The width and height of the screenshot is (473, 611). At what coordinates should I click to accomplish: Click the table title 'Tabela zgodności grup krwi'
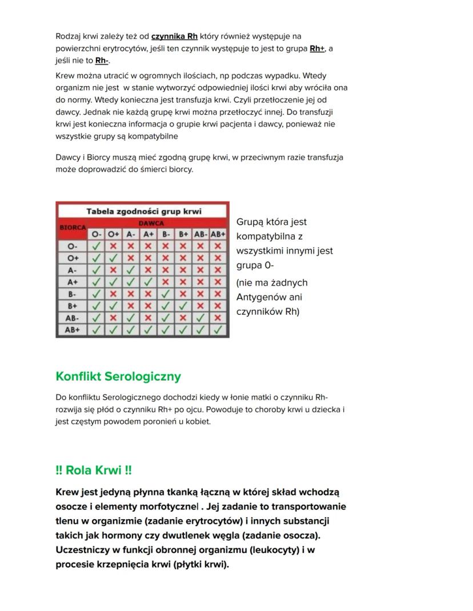[x=143, y=211]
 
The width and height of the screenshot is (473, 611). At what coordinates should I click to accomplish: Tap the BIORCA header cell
[x=72, y=228]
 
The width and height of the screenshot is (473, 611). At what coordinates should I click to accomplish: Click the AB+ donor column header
[x=218, y=234]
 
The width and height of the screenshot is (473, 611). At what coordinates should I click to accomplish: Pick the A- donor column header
[x=131, y=234]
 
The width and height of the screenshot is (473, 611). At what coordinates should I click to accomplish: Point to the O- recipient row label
[x=72, y=246]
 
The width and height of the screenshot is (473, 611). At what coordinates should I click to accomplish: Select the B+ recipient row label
[x=72, y=306]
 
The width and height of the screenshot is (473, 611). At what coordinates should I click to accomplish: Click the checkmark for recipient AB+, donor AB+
[x=218, y=330]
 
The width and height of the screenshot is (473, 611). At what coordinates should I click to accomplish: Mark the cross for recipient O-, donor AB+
[x=218, y=246]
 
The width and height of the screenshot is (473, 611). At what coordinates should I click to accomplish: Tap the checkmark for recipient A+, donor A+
[x=149, y=282]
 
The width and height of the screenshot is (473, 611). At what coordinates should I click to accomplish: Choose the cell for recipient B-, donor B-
[x=166, y=294]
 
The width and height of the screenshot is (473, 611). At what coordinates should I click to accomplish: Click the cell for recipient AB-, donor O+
[x=114, y=318]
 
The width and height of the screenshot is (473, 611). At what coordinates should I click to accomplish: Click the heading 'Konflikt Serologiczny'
[x=118, y=377]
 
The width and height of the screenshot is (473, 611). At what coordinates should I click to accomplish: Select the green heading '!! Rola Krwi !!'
[x=94, y=471]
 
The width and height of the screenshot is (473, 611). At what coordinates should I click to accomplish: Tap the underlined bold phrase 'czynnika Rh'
[x=174, y=37]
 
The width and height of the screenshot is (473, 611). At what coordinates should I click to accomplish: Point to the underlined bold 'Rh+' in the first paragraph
[x=316, y=48]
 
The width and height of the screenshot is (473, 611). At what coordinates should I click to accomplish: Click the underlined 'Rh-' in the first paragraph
[x=102, y=60]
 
